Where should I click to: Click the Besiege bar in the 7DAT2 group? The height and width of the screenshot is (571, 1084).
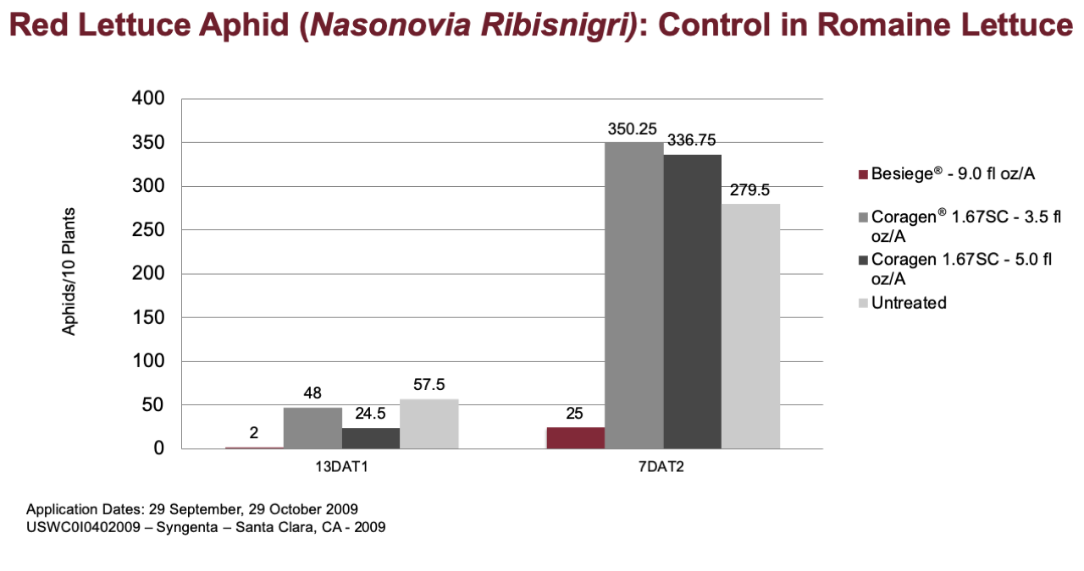point(576,438)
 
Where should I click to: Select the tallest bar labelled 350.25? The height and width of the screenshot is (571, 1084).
point(634,295)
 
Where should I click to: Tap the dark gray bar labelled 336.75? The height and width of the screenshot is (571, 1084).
point(693,302)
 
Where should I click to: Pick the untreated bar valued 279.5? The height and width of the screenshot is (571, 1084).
point(750,327)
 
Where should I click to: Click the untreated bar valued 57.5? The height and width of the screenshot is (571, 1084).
point(429,424)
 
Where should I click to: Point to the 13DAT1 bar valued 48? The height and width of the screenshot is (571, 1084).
point(312,428)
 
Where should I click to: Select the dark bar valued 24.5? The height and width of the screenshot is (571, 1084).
point(371,438)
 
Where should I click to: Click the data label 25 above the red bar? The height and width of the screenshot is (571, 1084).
point(574,414)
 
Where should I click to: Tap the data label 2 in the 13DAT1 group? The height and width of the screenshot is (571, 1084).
point(254,433)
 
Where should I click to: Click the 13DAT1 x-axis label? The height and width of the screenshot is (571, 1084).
point(341,467)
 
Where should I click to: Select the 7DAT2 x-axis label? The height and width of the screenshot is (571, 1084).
point(661,467)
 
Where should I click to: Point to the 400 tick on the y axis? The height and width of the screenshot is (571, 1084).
point(148,98)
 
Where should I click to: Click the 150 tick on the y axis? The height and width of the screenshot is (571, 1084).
point(148,317)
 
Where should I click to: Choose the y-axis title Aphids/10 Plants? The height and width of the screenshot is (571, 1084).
point(69,272)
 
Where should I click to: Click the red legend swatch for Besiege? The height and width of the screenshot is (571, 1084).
point(863,174)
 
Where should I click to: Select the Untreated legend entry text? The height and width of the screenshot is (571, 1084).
point(909,303)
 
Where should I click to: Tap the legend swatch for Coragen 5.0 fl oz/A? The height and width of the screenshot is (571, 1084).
point(863,261)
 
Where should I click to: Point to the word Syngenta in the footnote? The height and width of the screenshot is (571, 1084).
point(187,527)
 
